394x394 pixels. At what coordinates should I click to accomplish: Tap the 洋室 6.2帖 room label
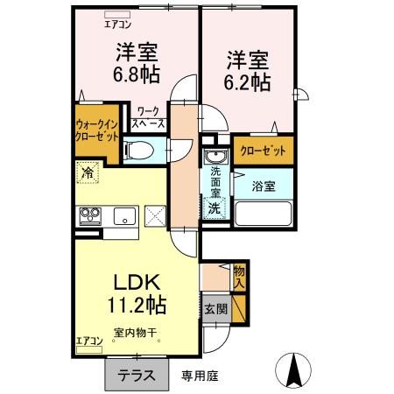(250, 72)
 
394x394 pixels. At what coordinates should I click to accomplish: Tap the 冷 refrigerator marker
(87, 173)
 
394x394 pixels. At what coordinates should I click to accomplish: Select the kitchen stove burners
(91, 213)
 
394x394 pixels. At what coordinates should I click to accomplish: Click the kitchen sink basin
(123, 213)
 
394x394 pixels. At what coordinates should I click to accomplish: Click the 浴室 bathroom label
(264, 186)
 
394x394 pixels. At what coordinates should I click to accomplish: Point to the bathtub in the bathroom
(264, 212)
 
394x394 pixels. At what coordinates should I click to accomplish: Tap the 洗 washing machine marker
(214, 208)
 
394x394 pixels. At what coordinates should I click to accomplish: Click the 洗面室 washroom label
(215, 181)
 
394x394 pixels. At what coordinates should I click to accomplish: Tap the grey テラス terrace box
(137, 374)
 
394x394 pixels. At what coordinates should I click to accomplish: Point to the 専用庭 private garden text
(200, 375)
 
